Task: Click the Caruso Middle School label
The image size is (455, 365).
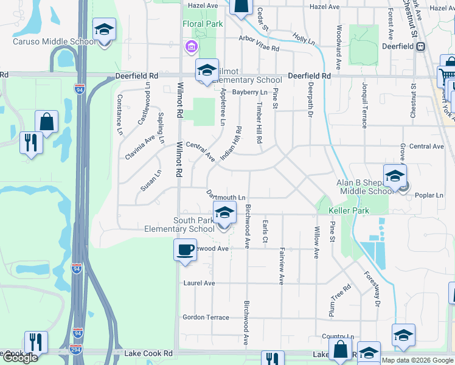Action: (x=54, y=42)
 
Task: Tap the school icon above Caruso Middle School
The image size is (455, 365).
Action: (x=104, y=30)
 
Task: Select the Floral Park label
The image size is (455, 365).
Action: (x=203, y=24)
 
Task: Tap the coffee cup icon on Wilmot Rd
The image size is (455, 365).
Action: (x=185, y=249)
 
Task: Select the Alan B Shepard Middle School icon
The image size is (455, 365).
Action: (x=395, y=176)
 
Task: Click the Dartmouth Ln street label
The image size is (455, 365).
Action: (x=226, y=196)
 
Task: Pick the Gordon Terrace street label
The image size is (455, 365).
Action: (x=206, y=318)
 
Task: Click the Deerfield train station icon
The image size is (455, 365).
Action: (x=420, y=46)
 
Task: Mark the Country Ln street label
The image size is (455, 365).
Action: (x=338, y=336)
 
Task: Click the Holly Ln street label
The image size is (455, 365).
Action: (x=303, y=40)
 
